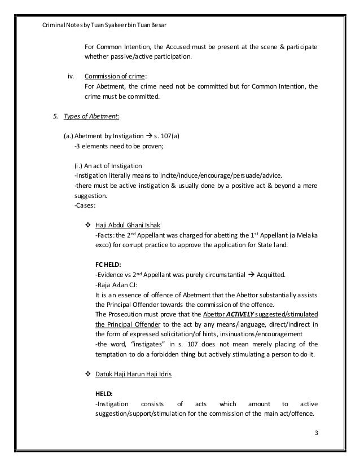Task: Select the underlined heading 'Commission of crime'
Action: tap(115, 76)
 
